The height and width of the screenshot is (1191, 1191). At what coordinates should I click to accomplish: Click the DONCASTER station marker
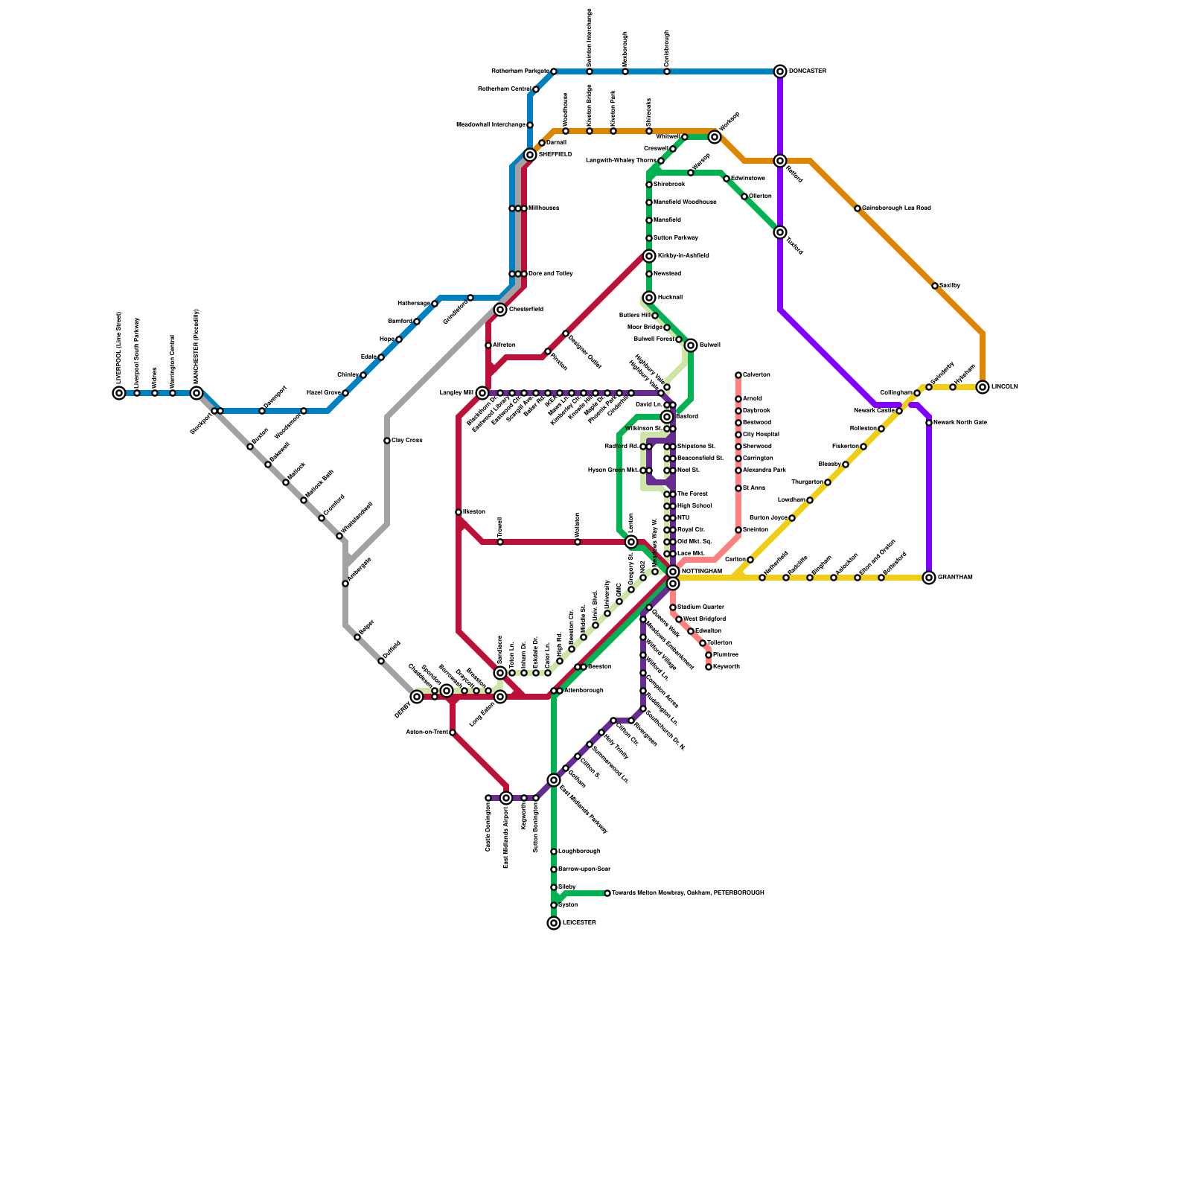click(x=780, y=71)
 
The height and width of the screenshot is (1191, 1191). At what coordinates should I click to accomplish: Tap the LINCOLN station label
click(x=1004, y=387)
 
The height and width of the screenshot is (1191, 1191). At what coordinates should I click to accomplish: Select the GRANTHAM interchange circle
click(x=929, y=578)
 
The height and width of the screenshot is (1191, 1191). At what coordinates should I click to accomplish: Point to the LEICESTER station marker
click(x=554, y=923)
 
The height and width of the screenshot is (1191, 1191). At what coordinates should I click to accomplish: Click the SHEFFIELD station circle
click(x=530, y=155)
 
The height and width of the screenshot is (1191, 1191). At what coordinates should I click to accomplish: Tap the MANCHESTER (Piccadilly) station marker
click(x=197, y=393)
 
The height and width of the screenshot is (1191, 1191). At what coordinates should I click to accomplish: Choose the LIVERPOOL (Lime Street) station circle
click(x=119, y=393)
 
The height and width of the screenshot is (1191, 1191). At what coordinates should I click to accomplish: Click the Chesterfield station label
click(x=526, y=310)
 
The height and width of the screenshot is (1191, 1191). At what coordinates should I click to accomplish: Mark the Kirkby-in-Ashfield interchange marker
click(x=649, y=256)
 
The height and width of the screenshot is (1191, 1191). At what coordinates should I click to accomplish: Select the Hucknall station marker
click(x=649, y=298)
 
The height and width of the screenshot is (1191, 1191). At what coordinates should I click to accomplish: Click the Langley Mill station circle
click(x=482, y=393)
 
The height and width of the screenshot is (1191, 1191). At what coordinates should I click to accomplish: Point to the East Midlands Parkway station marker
click(x=554, y=780)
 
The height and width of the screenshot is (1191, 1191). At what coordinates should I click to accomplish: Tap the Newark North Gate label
click(x=959, y=423)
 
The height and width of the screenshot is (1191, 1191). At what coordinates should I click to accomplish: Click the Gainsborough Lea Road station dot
click(x=858, y=208)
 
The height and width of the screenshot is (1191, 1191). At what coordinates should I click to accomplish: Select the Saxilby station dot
click(x=935, y=286)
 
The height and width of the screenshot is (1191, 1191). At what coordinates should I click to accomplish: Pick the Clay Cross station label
click(x=407, y=441)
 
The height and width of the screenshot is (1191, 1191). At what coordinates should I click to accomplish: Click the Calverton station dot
click(x=738, y=375)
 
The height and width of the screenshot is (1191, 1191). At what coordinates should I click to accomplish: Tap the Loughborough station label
click(x=579, y=852)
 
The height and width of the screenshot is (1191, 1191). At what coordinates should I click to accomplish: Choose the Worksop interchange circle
click(x=715, y=137)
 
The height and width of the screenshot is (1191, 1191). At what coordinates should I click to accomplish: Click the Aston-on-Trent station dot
click(x=453, y=732)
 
